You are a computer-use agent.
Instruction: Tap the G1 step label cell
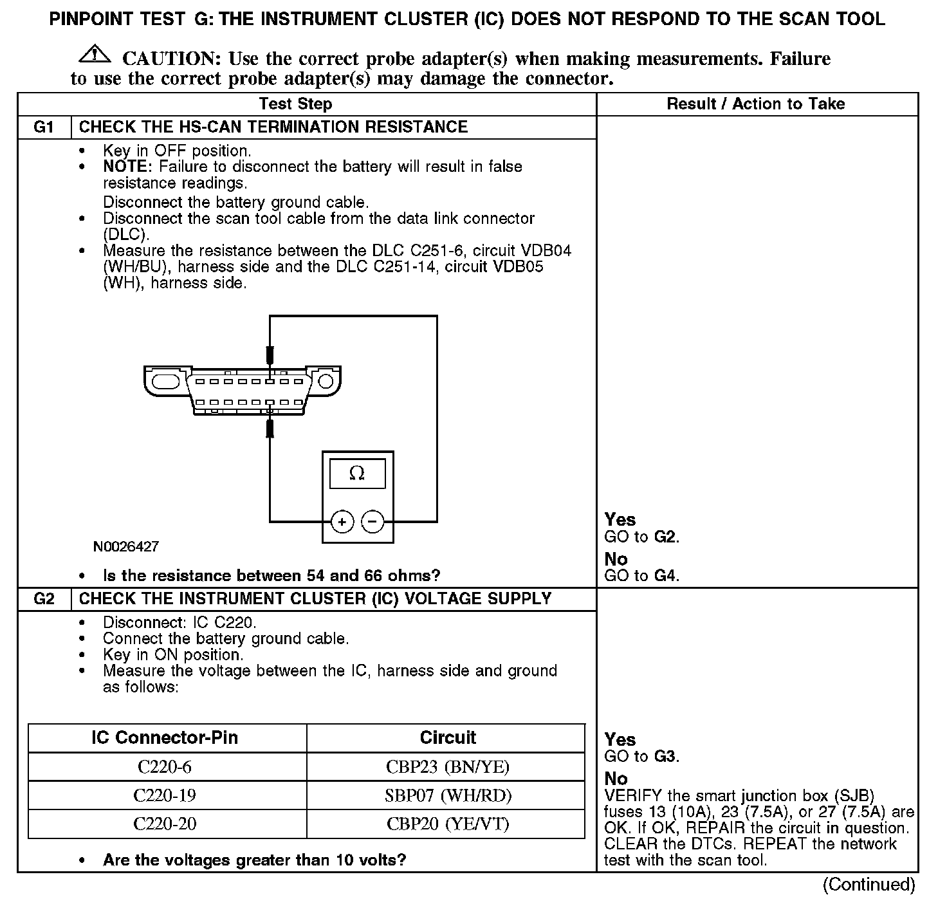[x=44, y=127]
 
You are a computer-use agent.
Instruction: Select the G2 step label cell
[x=44, y=599]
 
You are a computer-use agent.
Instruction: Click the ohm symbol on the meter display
[x=357, y=474]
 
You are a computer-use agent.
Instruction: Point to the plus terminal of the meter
[x=342, y=521]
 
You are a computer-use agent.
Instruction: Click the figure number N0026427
[x=126, y=547]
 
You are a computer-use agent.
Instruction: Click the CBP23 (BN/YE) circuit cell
[x=448, y=766]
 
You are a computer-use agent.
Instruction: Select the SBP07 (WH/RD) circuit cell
[x=448, y=795]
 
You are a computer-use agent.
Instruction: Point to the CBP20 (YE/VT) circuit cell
[x=448, y=824]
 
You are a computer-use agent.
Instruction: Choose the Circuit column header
[x=448, y=737]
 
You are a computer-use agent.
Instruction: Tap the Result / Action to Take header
[x=756, y=104]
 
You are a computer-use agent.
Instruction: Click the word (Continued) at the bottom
[x=869, y=885]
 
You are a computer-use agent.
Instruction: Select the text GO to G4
[x=641, y=575]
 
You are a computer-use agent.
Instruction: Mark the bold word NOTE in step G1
[x=126, y=167]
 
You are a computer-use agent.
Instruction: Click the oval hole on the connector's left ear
[x=167, y=381]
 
